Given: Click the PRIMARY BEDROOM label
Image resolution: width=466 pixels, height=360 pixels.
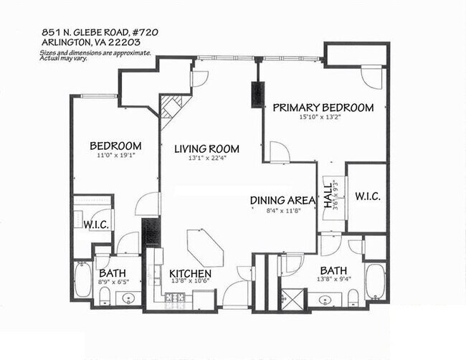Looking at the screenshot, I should pyautogui.click(x=323, y=108).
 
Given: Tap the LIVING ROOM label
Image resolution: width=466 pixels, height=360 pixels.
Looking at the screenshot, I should pyautogui.click(x=206, y=149).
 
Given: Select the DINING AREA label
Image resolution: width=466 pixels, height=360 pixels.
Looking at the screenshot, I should pyautogui.click(x=282, y=202).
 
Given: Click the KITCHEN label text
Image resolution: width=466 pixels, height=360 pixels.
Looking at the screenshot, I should pyautogui.click(x=190, y=274).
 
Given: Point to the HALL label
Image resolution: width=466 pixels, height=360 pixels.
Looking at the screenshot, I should pyautogui.click(x=329, y=194).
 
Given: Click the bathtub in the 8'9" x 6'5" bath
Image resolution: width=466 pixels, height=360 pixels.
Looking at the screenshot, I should pyautogui.click(x=81, y=283).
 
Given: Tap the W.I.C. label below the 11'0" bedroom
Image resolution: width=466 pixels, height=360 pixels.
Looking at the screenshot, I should pyautogui.click(x=95, y=224).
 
